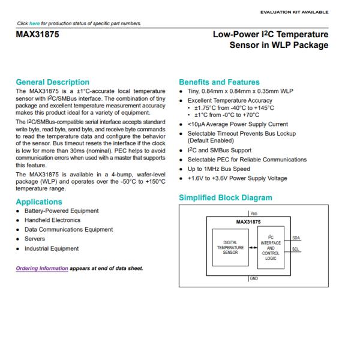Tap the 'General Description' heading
(52, 82)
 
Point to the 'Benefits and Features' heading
(219, 82)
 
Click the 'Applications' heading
(39, 202)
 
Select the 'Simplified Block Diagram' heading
(225, 197)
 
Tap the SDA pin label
(296, 238)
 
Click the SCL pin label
(296, 249)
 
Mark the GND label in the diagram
(254, 279)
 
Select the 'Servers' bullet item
(34, 239)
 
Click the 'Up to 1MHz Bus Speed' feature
(219, 169)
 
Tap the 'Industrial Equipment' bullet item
(52, 248)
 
